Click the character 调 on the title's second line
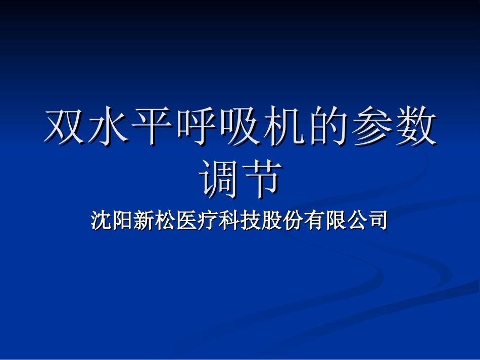[x=218, y=179]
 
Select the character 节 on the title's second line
[x=262, y=179]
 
